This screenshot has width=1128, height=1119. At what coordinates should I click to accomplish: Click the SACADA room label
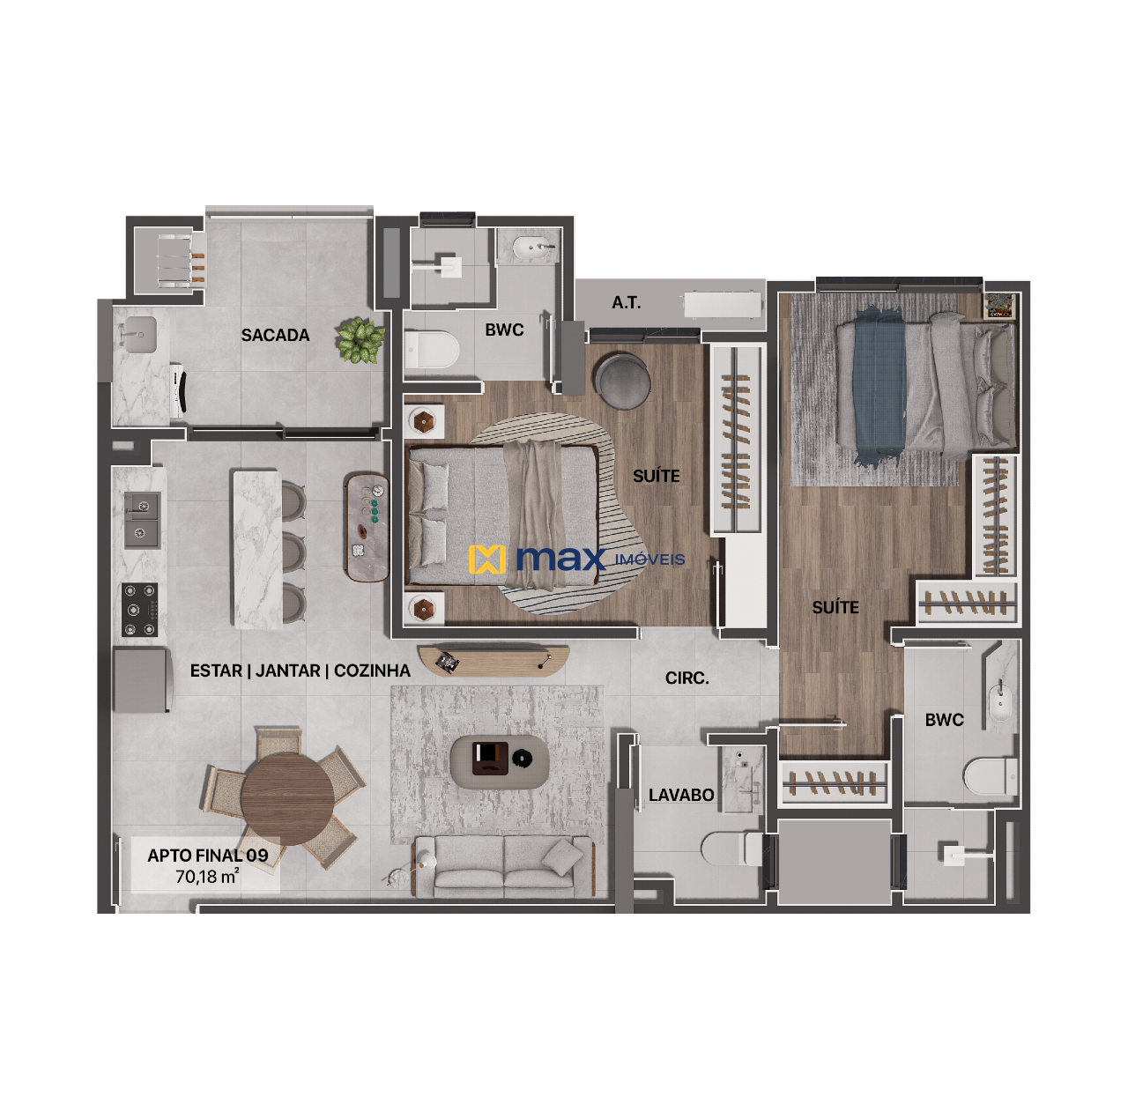275,335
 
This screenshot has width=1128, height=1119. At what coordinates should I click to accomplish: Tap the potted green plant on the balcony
360,340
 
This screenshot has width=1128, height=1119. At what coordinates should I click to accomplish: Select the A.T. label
626,303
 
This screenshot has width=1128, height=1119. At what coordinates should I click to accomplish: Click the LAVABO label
681,795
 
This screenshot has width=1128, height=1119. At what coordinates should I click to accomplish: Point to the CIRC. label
686,678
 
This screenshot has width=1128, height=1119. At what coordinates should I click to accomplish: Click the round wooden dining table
287,798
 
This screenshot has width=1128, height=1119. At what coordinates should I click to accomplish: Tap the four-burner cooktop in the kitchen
139,610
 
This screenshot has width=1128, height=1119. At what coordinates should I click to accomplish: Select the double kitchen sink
141,519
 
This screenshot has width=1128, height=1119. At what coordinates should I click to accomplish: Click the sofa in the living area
504,867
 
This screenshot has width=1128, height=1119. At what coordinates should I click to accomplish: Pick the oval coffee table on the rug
500,761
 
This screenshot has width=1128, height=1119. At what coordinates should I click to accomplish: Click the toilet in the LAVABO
731,849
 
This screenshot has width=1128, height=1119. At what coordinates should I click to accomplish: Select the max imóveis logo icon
487,559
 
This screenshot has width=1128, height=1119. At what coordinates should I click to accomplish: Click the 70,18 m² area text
207,877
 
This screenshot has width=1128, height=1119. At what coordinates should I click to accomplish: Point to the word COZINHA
372,671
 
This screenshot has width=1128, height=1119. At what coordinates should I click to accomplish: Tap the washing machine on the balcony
178,389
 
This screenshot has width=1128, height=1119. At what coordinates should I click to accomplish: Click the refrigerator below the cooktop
142,679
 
